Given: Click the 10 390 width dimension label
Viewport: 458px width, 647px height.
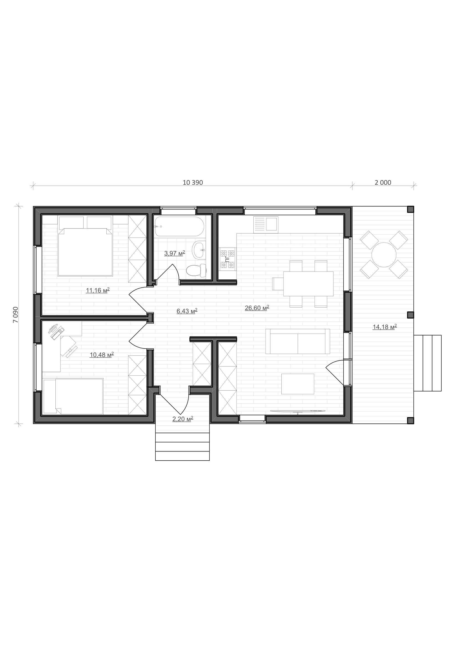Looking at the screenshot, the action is point(193,183).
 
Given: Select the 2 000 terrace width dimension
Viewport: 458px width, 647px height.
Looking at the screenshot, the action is point(383,183).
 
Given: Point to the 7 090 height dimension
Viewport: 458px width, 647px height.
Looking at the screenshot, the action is point(16,315).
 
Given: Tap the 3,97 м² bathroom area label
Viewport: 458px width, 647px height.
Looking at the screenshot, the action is point(174,253).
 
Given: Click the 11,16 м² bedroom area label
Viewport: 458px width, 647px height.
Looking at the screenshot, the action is point(97,290).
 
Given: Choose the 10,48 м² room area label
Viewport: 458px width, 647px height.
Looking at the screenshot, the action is point(102,355).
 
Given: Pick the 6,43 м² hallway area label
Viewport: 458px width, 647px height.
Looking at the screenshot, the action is point(187,311).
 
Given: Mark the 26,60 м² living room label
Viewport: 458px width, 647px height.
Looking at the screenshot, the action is point(257,308).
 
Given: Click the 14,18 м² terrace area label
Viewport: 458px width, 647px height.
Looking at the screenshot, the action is point(385,327).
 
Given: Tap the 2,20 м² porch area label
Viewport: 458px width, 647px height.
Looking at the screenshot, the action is point(182,419).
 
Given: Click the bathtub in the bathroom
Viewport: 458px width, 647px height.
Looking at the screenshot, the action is point(179,227).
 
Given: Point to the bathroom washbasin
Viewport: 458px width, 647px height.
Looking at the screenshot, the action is point(199,250).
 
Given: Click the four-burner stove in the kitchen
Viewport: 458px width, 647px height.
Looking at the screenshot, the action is point(228,259).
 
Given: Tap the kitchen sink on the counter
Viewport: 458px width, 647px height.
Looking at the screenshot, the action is point(266,225).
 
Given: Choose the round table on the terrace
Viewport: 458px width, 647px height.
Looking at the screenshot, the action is point(384,255).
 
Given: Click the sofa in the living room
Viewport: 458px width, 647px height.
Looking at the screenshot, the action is point(297,341).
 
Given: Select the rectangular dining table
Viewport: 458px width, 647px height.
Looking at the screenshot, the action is point(308,284).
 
